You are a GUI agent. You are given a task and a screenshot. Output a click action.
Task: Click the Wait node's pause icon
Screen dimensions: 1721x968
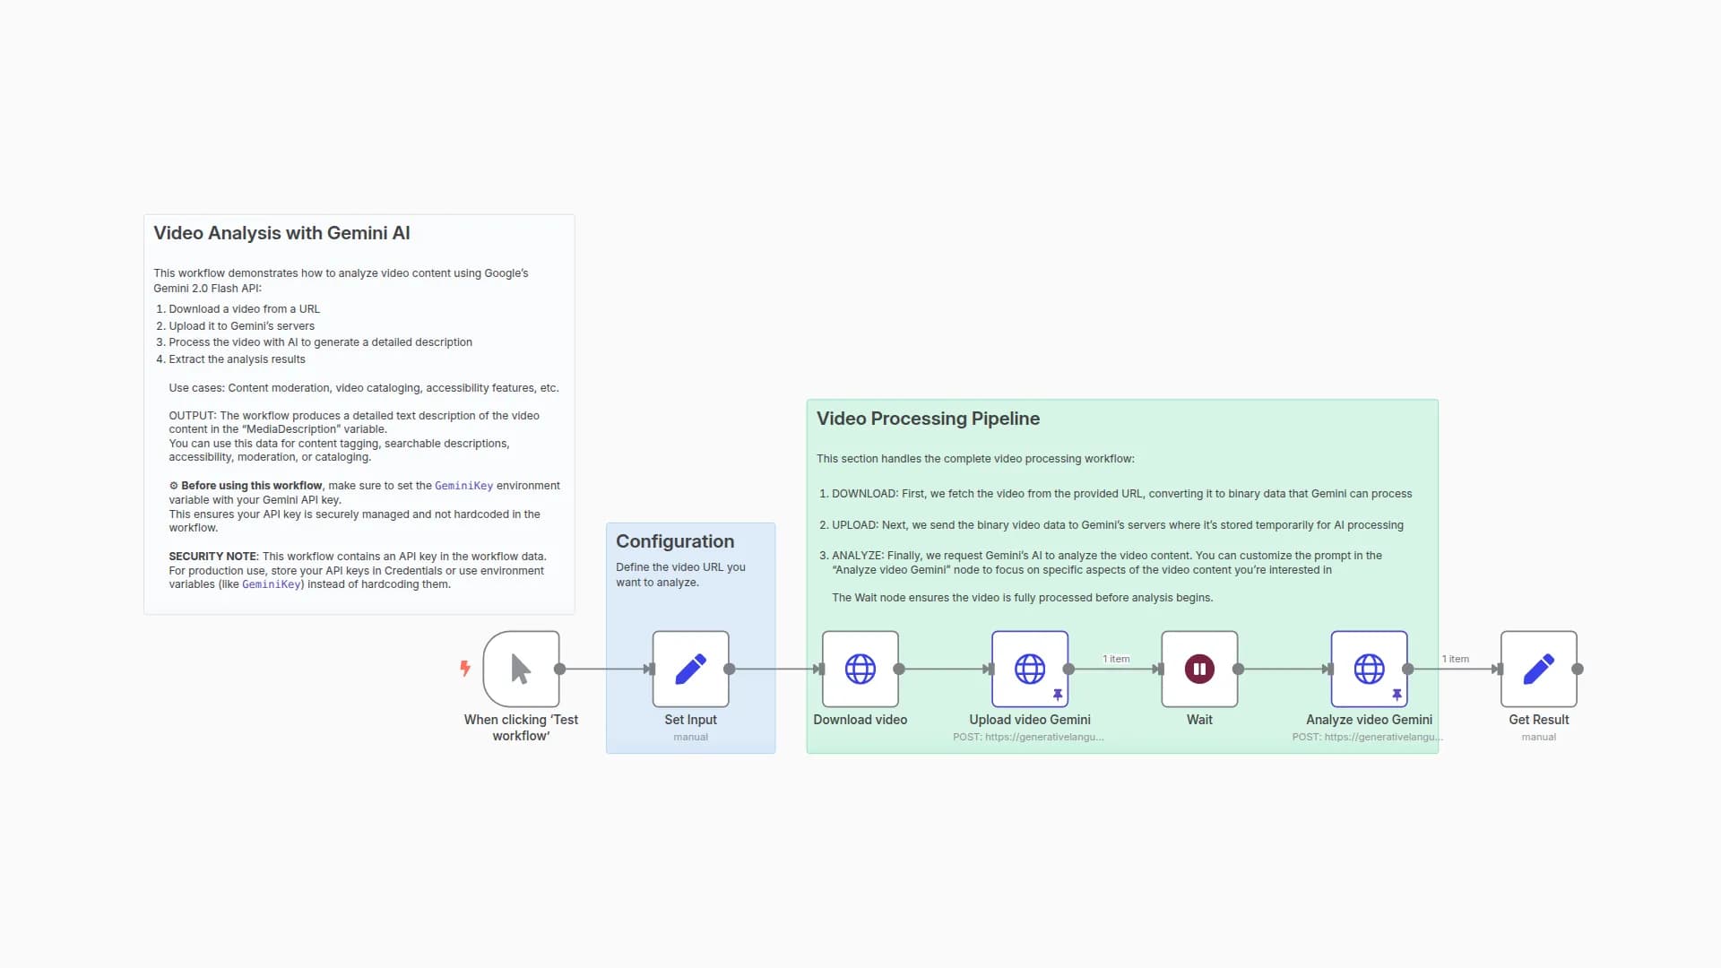tap(1199, 669)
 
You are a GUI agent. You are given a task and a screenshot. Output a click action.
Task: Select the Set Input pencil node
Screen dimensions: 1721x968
tap(690, 669)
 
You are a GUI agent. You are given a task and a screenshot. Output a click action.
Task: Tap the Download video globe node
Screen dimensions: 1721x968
tap(860, 669)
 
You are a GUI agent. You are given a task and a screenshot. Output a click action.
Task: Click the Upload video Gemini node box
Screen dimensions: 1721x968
tap(1030, 669)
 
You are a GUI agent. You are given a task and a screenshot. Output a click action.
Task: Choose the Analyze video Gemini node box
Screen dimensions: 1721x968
tap(1369, 669)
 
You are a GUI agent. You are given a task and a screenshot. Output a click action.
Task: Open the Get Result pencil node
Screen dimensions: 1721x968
tap(1539, 669)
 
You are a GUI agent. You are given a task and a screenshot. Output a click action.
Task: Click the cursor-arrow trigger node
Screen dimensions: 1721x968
tap(521, 669)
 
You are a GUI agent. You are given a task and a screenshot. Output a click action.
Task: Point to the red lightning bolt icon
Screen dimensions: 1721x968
tap(465, 668)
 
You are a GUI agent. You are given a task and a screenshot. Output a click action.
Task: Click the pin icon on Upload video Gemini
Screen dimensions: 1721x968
tap(1058, 695)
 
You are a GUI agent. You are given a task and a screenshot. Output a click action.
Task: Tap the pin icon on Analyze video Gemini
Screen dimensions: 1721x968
tap(1397, 695)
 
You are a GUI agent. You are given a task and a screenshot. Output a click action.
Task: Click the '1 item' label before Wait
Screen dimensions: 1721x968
tap(1116, 659)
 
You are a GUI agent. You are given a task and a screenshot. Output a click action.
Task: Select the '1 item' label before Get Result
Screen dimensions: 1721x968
tap(1456, 659)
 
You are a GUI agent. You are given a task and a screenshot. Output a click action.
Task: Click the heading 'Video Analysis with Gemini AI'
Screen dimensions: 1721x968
tap(281, 233)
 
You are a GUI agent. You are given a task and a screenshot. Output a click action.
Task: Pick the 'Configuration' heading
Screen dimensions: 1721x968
tap(675, 541)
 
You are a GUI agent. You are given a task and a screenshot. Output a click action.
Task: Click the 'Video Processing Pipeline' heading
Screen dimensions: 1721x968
tap(928, 419)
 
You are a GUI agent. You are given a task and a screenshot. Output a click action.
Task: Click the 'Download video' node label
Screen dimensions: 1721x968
tap(860, 720)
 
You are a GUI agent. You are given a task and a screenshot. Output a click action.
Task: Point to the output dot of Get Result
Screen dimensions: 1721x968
tap(1578, 669)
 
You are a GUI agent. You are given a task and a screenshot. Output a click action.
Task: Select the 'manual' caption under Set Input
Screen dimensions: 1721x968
tap(690, 737)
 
